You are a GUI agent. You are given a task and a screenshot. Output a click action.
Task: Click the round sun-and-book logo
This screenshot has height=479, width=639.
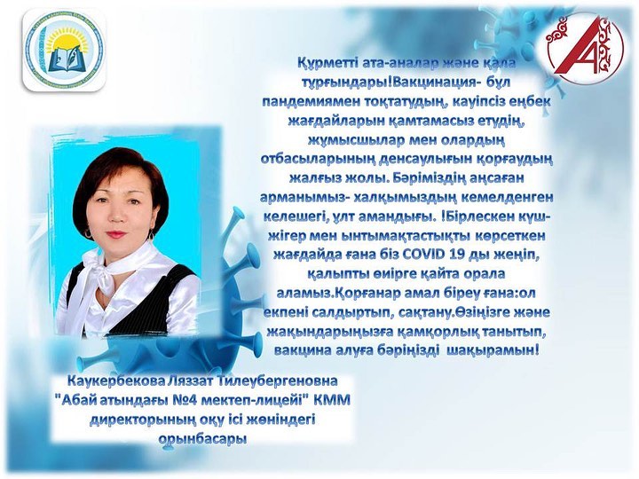[x=64, y=50]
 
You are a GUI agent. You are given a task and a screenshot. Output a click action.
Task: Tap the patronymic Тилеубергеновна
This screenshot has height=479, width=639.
[x=278, y=381]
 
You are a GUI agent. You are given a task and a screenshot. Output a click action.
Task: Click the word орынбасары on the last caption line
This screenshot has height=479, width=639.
[x=202, y=439]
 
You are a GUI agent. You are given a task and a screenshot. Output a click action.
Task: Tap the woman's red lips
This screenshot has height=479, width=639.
[x=116, y=234]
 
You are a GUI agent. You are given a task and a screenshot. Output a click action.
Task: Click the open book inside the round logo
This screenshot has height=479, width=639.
[x=64, y=60]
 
